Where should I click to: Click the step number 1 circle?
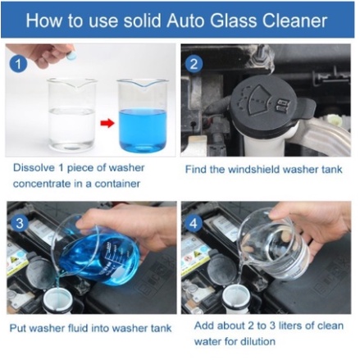[18, 64]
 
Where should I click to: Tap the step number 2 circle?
[194, 64]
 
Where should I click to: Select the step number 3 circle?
[20, 223]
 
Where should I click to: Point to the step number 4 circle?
[194, 223]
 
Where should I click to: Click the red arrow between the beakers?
[107, 123]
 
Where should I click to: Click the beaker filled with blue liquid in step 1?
[143, 116]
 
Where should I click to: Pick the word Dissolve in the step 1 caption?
[34, 167]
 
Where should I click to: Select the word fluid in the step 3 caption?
[77, 328]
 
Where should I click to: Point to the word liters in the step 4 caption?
[290, 326]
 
